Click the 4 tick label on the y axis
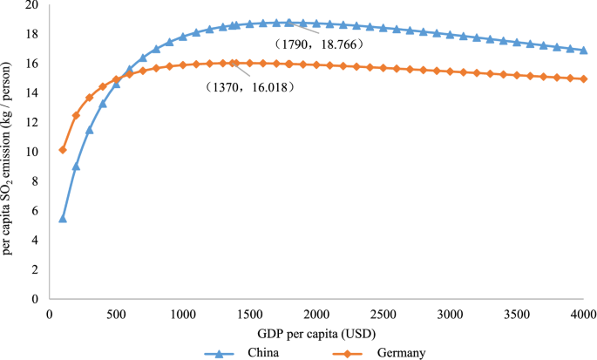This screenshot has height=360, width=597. [36, 240]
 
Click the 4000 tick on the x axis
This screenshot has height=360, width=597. [583, 314]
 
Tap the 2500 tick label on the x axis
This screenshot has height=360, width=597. [383, 314]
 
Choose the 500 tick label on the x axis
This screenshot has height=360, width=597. [116, 314]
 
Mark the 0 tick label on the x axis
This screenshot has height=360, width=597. [50, 314]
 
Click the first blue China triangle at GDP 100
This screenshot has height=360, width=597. [63, 218]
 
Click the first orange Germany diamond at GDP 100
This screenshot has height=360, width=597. [63, 150]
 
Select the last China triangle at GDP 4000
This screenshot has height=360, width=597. [583, 51]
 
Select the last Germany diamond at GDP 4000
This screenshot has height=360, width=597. [583, 78]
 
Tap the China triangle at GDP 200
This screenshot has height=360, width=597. [76, 166]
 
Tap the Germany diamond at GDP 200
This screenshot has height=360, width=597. [76, 116]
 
